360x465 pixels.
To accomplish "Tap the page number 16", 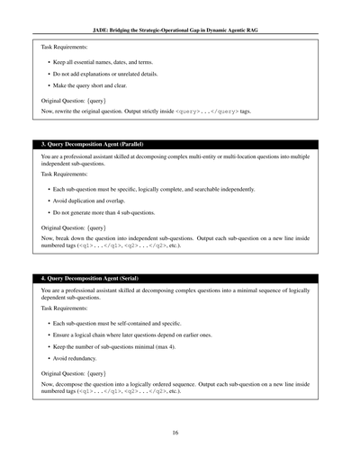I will [x=180, y=433].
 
